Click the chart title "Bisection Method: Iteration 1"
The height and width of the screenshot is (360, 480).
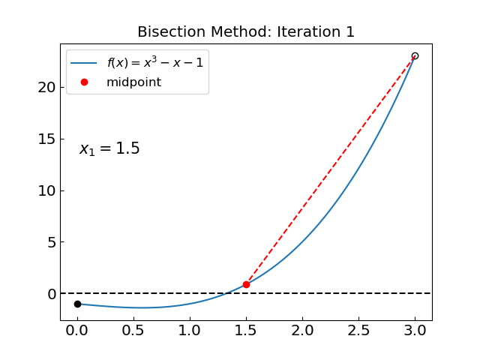click(246, 32)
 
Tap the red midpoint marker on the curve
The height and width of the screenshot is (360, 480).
click(246, 284)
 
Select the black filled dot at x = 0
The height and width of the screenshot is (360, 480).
click(77, 304)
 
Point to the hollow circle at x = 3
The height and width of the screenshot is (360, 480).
click(415, 56)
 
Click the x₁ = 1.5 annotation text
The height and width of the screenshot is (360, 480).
click(109, 149)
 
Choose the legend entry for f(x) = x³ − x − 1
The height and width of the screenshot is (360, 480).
click(154, 63)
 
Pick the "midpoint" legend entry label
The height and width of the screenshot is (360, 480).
click(133, 82)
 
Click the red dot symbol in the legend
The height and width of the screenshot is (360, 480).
click(84, 82)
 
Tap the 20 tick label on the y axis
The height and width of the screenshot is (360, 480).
click(46, 87)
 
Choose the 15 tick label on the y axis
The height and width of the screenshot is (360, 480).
click(46, 139)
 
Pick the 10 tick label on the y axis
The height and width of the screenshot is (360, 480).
click(46, 190)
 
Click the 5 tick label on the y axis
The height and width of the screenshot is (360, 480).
click(51, 242)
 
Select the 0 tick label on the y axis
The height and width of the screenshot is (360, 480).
click(51, 294)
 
